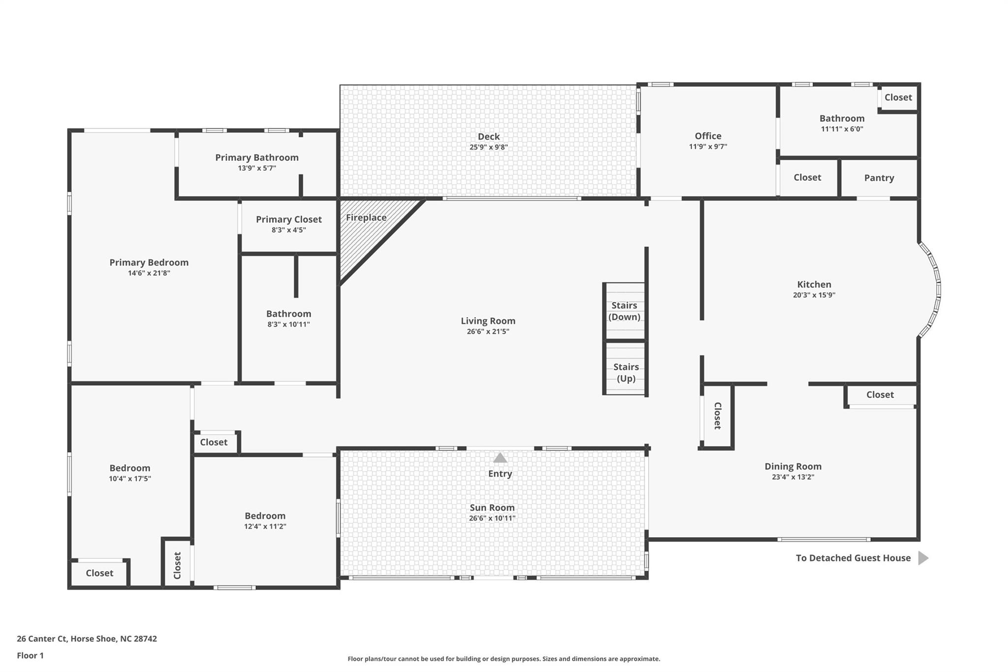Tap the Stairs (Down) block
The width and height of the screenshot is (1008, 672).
coord(624,311)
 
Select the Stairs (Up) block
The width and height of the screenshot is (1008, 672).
coord(626,373)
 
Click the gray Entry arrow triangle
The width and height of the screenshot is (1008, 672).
coord(500,458)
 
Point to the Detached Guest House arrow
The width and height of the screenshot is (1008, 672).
coord(923,558)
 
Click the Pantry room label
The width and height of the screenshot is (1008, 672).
coord(879,178)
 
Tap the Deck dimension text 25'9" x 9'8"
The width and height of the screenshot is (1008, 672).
coord(488,147)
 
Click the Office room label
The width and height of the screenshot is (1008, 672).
coord(708,136)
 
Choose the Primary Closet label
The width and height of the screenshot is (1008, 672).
coord(288,219)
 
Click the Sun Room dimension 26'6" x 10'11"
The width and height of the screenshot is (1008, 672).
coord(492,518)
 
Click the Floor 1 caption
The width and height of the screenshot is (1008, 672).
coord(30,655)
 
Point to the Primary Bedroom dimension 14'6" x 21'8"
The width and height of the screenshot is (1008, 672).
coord(149,273)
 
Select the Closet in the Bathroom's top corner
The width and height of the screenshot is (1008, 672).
coord(898,97)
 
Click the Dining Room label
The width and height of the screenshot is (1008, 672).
coord(792,466)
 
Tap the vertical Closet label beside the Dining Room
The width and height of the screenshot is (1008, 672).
coord(718,416)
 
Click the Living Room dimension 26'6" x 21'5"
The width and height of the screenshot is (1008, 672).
coord(488,331)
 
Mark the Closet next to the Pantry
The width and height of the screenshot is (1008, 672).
coord(807,177)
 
